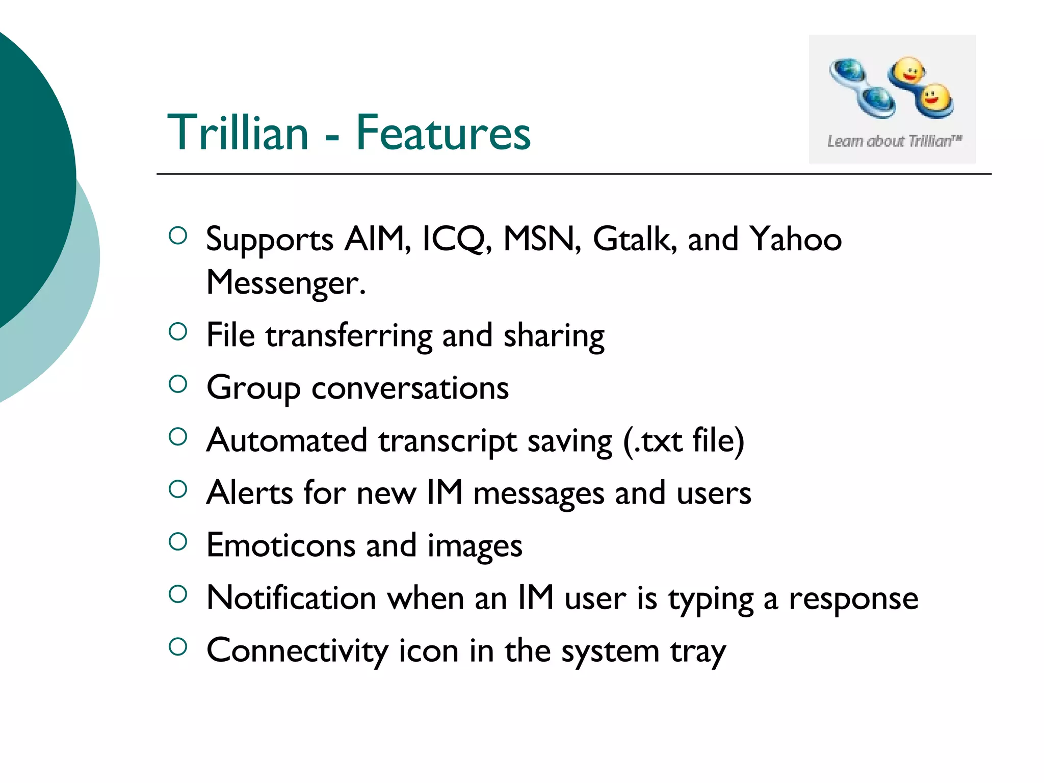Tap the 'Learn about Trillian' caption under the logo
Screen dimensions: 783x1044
coord(894,141)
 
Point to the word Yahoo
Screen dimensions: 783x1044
coord(795,239)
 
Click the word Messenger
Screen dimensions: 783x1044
coord(285,282)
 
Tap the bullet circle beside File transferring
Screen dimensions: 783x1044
coord(178,332)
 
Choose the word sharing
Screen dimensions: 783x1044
coord(554,336)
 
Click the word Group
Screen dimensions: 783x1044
coord(253,389)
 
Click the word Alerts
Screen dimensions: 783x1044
coord(249,493)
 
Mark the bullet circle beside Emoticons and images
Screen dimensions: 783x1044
coord(178,541)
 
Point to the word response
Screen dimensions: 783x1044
coord(853,599)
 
